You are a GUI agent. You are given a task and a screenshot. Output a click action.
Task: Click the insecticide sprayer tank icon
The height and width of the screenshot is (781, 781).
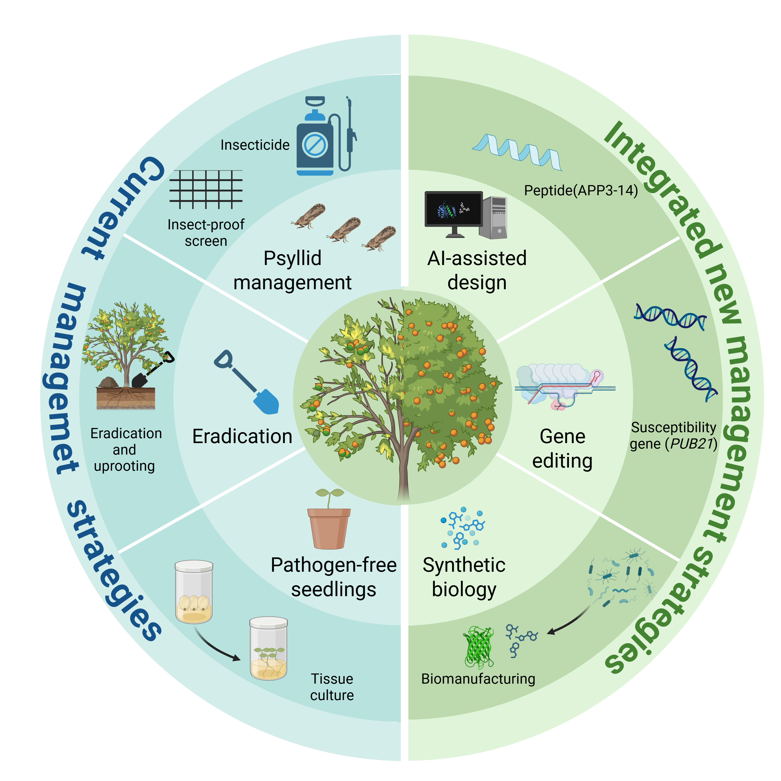315,146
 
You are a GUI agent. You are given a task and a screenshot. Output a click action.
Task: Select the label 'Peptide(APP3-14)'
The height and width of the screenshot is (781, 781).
581,190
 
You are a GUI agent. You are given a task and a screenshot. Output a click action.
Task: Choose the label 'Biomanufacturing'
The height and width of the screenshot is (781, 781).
478,679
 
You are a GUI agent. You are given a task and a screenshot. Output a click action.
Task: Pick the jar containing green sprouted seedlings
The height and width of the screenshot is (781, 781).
268,649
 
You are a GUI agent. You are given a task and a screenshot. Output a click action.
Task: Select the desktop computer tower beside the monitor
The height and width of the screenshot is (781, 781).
493,217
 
